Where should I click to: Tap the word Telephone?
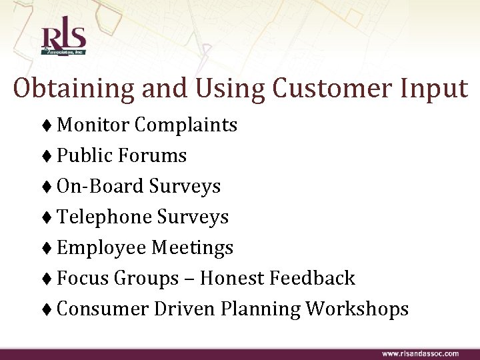pyautogui.click(x=104, y=217)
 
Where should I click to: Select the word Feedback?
pyautogui.click(x=313, y=278)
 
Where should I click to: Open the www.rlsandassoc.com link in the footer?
pyautogui.click(x=419, y=353)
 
